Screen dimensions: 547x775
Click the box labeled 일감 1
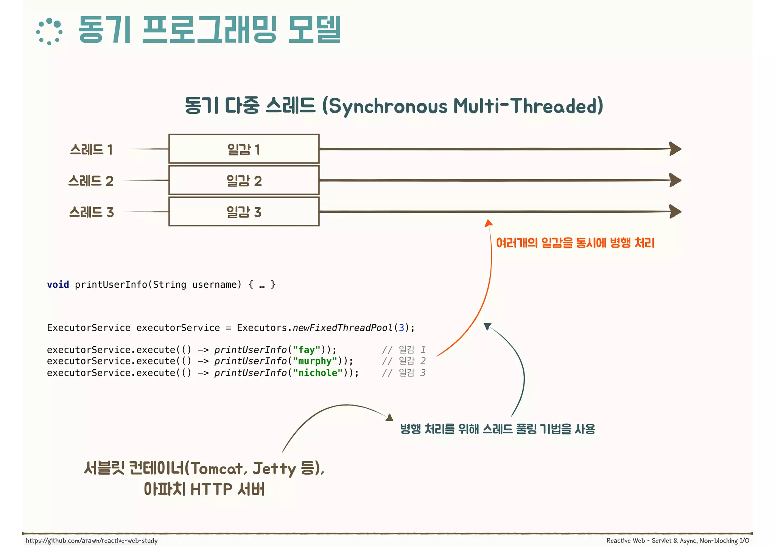click(x=244, y=149)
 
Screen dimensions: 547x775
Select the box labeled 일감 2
click(x=244, y=180)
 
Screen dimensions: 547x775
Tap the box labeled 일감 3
click(x=244, y=212)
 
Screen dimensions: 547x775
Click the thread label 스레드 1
click(x=91, y=150)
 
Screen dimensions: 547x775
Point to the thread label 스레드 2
click(x=91, y=181)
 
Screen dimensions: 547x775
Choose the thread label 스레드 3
click(x=91, y=212)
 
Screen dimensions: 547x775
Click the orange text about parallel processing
click(x=575, y=243)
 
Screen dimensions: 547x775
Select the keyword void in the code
click(x=58, y=285)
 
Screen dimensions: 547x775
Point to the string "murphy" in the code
click(x=315, y=361)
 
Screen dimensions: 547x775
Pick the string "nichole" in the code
click(x=318, y=373)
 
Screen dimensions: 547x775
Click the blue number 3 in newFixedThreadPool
click(x=402, y=328)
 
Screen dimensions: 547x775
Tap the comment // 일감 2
click(x=404, y=361)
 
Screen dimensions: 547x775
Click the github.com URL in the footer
click(x=92, y=541)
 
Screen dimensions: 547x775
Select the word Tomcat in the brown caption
click(x=216, y=469)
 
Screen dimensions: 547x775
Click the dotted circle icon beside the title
click(x=49, y=31)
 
